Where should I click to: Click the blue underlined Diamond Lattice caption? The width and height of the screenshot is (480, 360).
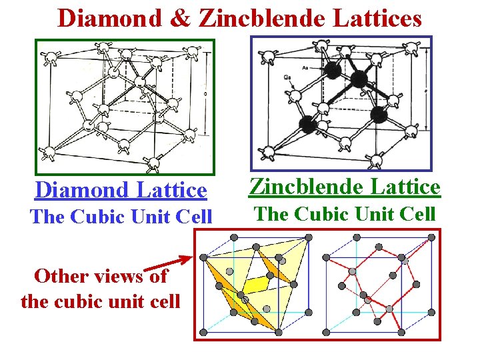tap(121, 190)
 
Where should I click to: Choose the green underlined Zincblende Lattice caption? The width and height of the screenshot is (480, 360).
tap(345, 187)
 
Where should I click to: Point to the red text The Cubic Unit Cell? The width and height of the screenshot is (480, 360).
tap(121, 216)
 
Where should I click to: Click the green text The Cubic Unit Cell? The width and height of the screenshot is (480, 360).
tap(345, 214)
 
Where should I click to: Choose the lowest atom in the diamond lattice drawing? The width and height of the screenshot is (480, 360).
tap(154, 161)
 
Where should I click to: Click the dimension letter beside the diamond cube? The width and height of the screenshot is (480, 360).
tap(204, 94)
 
